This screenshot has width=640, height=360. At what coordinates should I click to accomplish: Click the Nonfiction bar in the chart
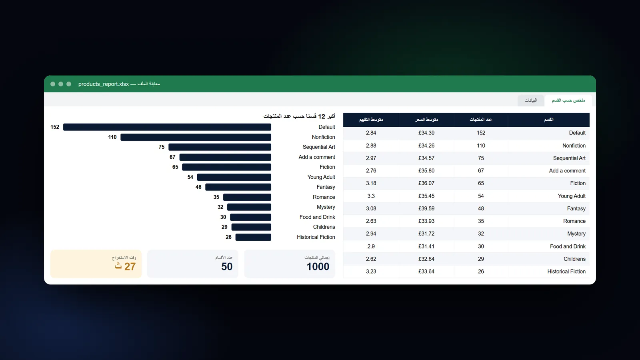(196, 137)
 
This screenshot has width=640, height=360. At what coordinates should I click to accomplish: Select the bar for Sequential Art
(220, 147)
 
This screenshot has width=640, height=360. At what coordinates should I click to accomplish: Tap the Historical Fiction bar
(253, 237)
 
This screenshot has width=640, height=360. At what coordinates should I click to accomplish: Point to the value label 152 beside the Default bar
(55, 127)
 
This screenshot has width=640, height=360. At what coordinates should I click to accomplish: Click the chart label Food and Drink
(317, 217)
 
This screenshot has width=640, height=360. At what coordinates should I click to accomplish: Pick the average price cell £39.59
(426, 208)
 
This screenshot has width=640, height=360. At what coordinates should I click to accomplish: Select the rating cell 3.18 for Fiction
(371, 184)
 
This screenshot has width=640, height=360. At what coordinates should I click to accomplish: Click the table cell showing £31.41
(426, 246)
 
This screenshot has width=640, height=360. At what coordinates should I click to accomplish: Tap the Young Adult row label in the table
(572, 196)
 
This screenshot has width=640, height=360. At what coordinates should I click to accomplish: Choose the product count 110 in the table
(481, 146)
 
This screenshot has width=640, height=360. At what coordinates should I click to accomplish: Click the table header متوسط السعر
(426, 120)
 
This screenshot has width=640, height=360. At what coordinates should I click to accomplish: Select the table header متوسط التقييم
(371, 120)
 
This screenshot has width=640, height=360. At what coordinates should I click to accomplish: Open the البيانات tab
(530, 100)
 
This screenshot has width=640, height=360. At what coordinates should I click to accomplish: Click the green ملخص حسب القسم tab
(568, 100)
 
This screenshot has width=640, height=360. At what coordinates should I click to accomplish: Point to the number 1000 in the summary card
(318, 266)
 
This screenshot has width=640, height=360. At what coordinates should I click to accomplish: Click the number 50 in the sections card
(227, 266)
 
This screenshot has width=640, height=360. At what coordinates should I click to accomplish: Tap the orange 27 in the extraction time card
(130, 266)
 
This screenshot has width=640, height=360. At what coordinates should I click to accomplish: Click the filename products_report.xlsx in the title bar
(104, 84)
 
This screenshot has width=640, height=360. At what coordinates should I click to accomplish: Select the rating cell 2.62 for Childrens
(371, 259)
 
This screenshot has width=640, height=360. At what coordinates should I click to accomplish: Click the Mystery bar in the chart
(249, 207)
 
